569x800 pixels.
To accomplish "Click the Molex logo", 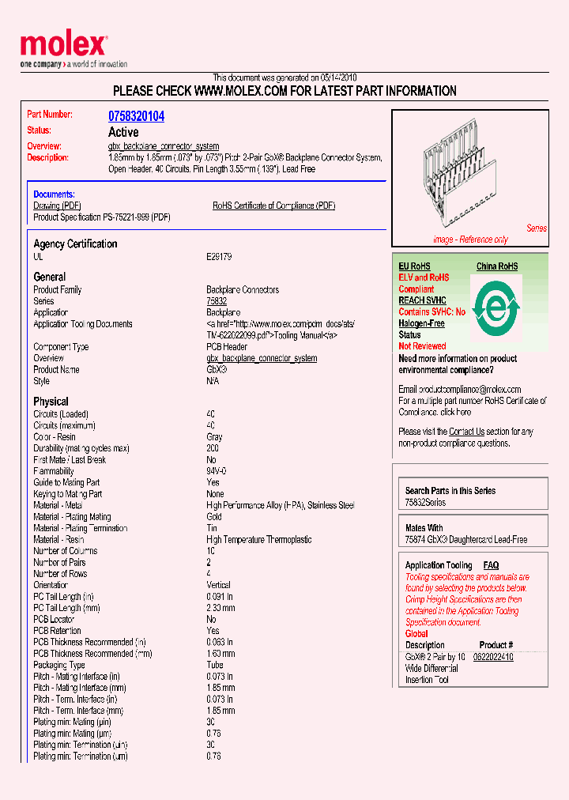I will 63,48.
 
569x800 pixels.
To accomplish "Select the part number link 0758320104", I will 136,116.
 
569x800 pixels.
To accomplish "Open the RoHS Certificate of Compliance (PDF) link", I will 273,206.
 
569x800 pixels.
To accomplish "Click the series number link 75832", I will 217,301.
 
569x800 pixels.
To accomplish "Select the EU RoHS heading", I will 414,266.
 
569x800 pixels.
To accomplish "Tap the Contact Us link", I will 466,432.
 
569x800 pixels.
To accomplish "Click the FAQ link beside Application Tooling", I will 491,565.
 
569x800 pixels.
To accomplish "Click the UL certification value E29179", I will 220,257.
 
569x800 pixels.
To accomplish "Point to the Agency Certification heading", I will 75,244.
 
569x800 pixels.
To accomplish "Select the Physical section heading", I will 51,402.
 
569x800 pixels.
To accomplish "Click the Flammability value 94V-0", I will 217,471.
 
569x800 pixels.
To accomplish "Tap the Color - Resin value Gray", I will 214,437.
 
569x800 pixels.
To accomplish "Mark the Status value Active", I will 123,132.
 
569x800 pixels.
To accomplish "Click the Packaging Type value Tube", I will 214,666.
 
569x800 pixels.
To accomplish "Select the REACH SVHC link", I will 422,300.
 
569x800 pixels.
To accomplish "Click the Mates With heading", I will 424,528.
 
